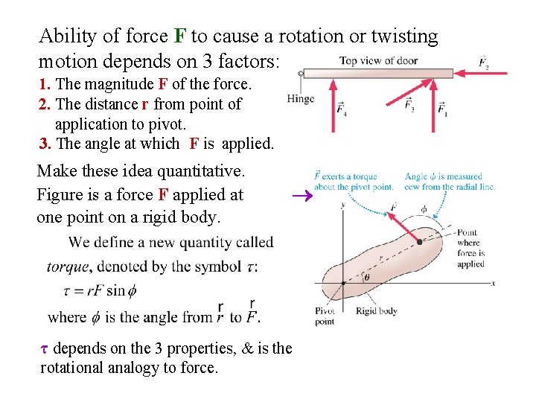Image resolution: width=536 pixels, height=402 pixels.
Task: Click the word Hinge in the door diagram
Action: [x=301, y=99]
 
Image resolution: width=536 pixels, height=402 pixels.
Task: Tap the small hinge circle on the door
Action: [x=301, y=74]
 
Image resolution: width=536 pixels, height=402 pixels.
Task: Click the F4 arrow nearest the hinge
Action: [x=332, y=93]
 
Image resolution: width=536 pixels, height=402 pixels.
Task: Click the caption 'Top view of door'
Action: [x=378, y=60]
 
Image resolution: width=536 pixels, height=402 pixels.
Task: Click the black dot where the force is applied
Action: [x=420, y=241]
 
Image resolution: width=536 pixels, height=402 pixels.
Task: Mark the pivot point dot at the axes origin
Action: [x=343, y=283]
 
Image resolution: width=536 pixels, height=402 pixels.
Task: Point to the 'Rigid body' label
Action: [x=377, y=311]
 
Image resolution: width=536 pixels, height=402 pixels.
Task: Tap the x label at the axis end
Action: [x=494, y=283]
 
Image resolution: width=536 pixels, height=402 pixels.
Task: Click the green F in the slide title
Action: [x=180, y=36]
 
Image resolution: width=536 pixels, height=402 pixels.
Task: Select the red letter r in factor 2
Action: [x=145, y=104]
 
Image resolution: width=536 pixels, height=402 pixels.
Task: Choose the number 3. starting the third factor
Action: [x=45, y=144]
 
